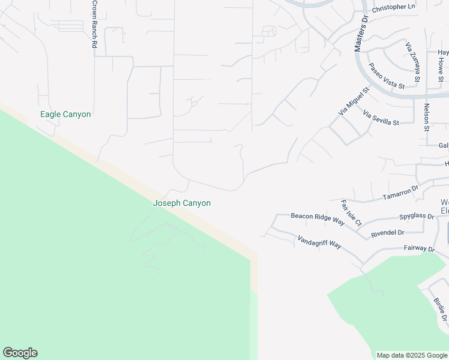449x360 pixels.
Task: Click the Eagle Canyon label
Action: (65, 114)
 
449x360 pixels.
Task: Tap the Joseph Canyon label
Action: (182, 203)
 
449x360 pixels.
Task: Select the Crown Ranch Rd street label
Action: (95, 25)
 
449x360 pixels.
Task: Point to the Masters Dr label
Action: (361, 34)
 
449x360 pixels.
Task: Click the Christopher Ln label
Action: (394, 7)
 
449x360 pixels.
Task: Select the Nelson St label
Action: (427, 117)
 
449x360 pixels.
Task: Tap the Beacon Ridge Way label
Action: (318, 218)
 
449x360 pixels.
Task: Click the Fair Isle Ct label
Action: (351, 213)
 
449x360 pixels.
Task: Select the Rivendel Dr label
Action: (388, 232)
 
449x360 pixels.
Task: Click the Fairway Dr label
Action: (419, 248)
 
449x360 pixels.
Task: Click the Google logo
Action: (20, 353)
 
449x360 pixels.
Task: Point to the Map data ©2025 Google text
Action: (411, 355)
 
